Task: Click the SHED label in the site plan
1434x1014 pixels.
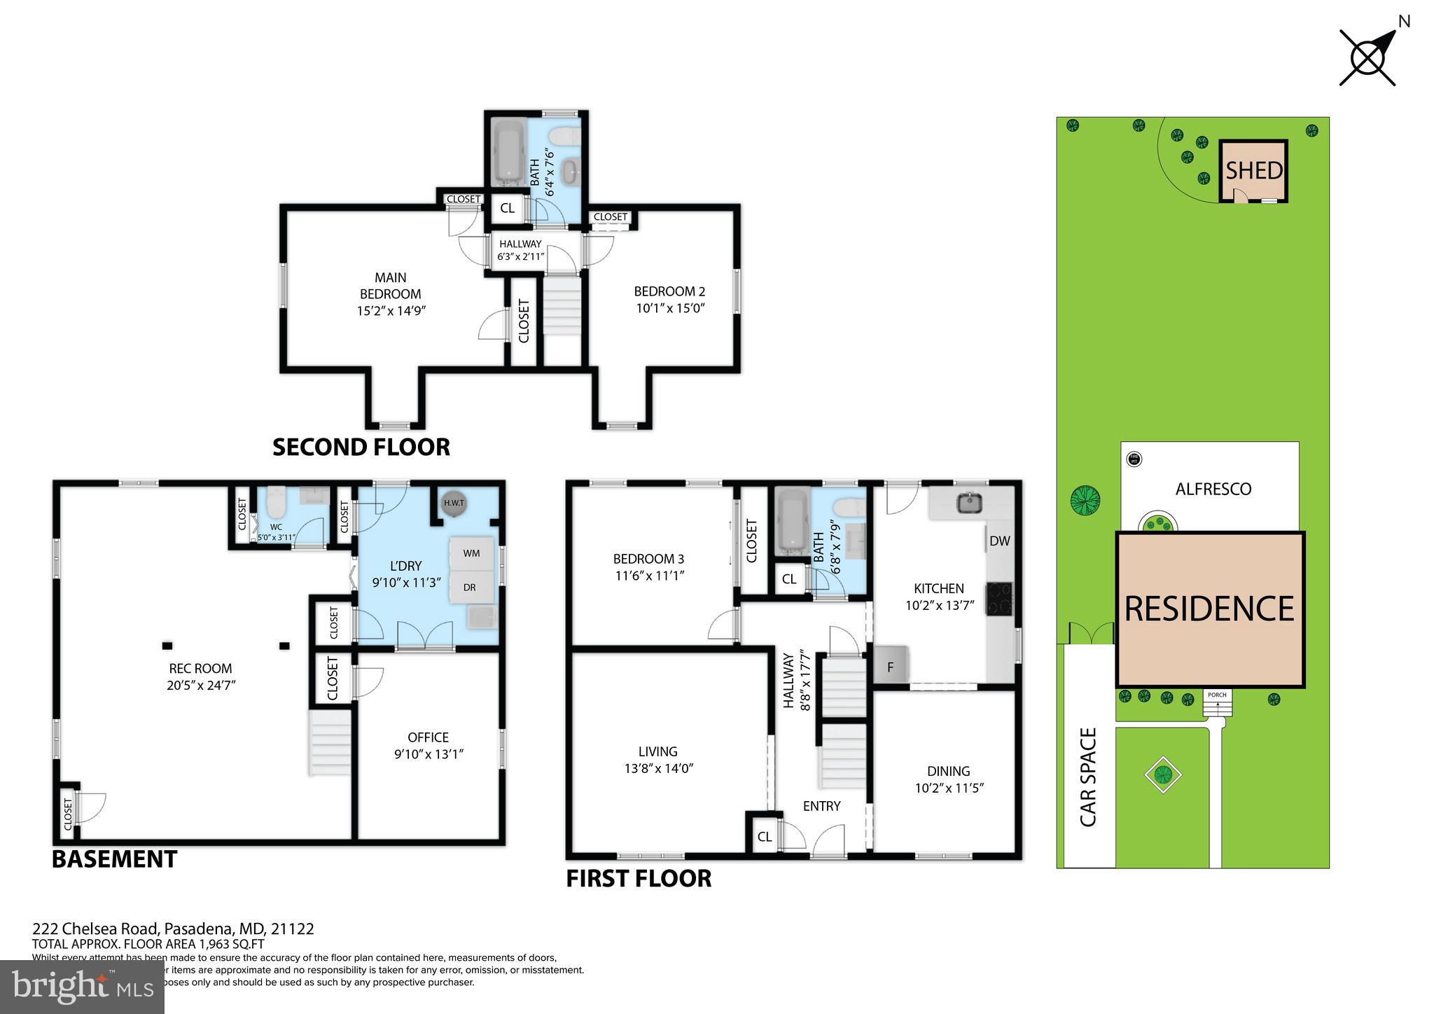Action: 1253,170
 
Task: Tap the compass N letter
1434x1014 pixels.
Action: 1404,22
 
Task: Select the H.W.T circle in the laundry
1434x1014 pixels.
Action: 453,503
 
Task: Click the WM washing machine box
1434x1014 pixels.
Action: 471,553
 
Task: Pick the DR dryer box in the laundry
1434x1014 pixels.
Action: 469,588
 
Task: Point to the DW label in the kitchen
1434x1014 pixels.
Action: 999,541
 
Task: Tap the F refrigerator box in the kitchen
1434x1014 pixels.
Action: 891,667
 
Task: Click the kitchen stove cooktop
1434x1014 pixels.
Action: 1000,599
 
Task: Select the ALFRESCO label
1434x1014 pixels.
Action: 1213,489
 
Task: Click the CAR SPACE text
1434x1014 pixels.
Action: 1087,777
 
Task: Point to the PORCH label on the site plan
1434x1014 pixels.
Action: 1217,695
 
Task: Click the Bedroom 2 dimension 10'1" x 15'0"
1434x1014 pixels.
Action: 669,308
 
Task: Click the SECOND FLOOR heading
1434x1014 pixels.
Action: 361,447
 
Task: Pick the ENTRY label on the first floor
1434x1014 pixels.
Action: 821,806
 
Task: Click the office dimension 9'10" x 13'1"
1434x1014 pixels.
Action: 429,754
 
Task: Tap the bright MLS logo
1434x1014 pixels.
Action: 82,987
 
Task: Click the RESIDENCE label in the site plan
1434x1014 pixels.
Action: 1209,609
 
